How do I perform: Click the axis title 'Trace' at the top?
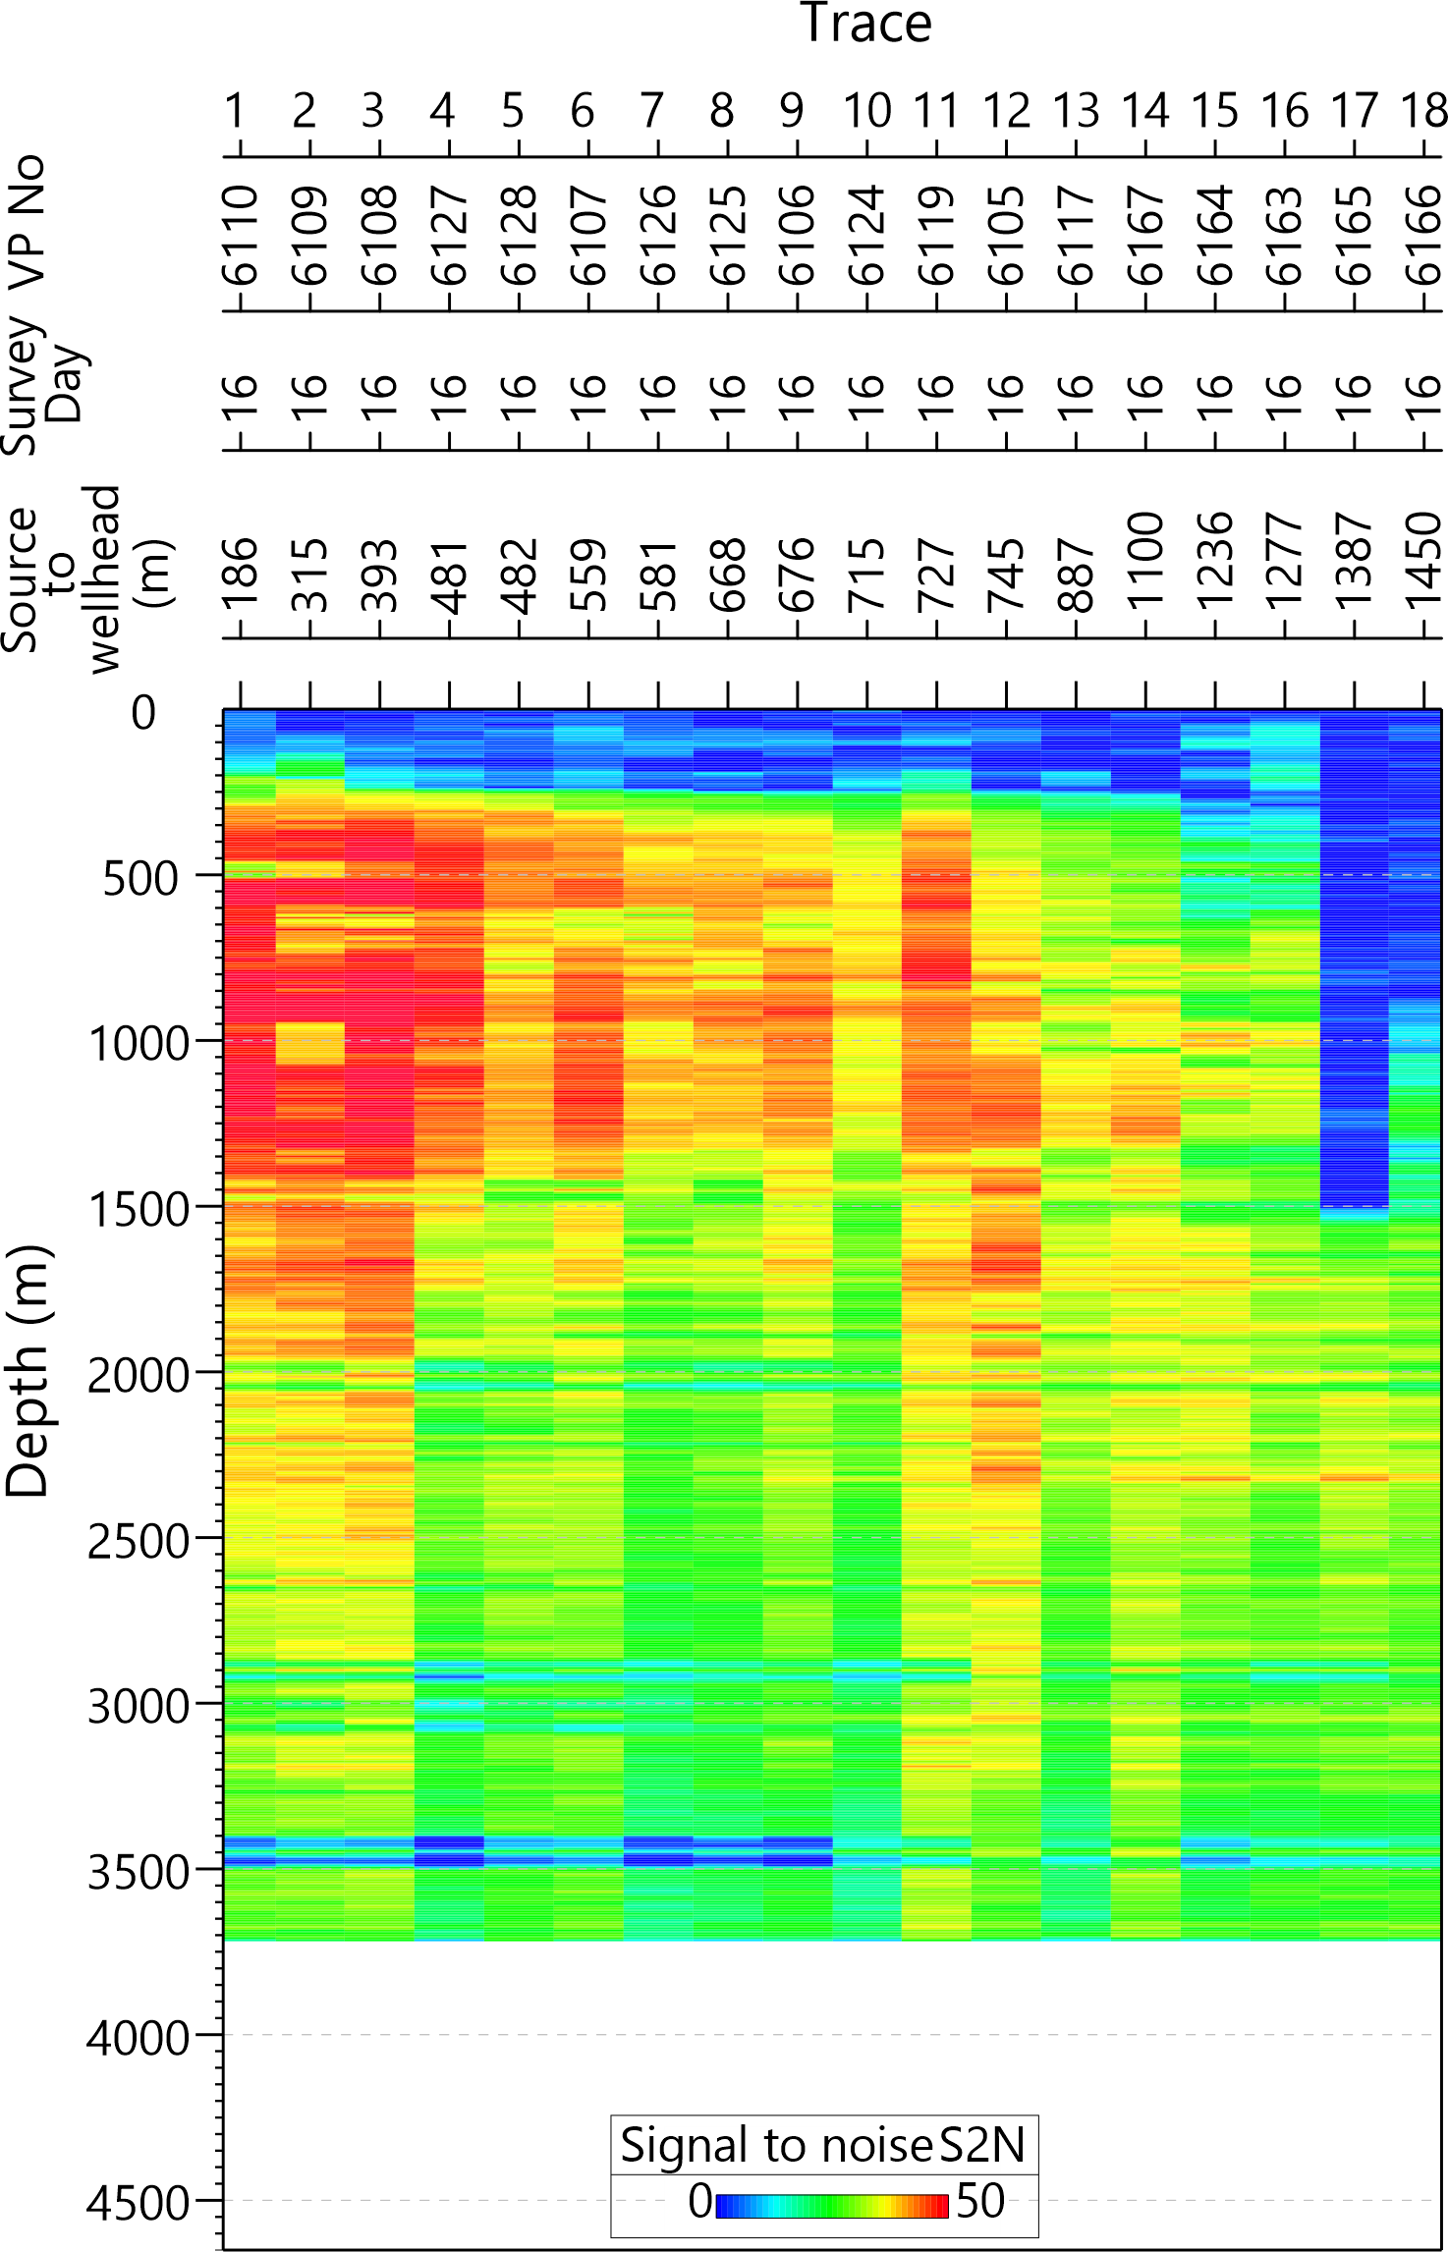click(865, 24)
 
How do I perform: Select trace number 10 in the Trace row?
click(866, 111)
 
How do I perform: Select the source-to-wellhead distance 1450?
click(1423, 561)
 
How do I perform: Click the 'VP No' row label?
click(28, 221)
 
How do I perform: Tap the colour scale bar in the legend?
click(831, 2206)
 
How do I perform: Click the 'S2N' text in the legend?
click(982, 2146)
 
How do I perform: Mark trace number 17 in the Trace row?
click(1354, 111)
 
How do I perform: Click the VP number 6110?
click(239, 236)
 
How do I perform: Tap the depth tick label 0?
click(143, 714)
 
